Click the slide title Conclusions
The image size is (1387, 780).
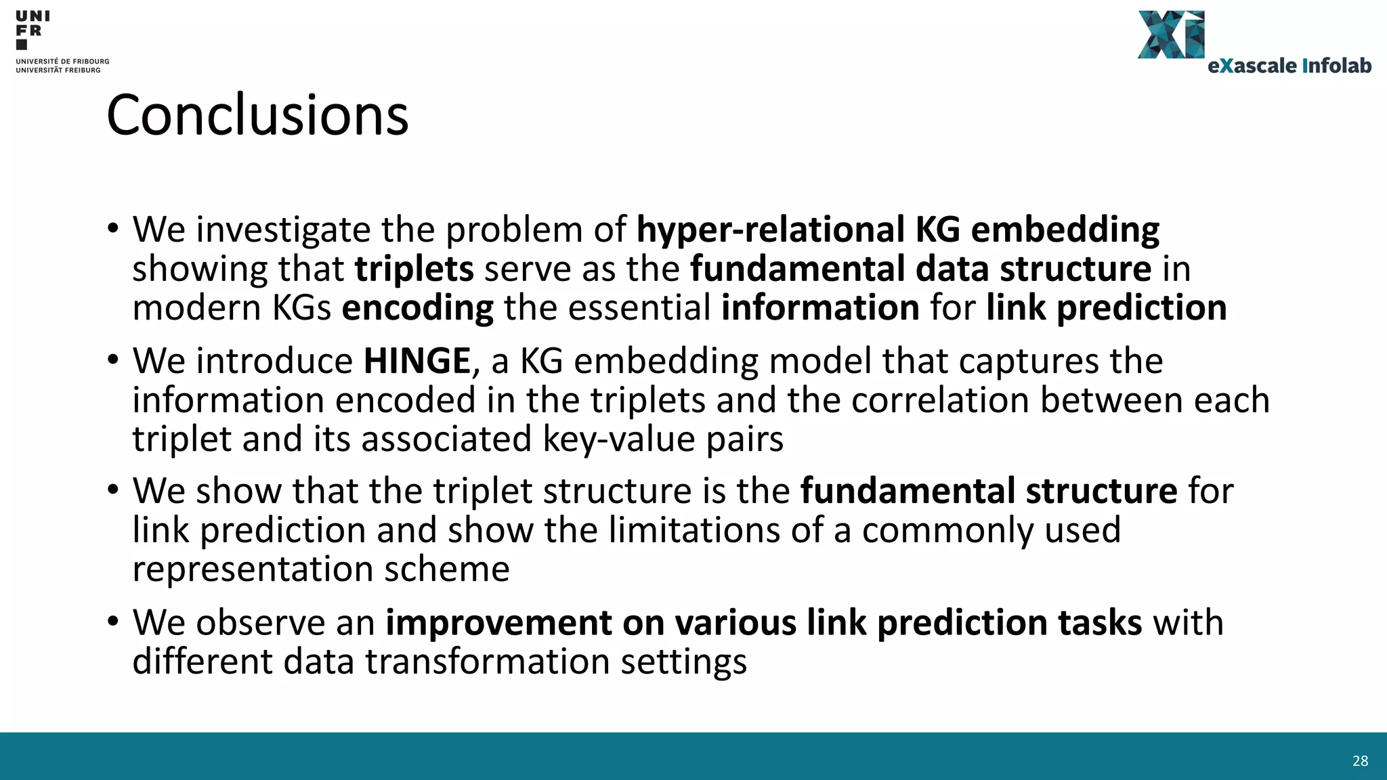tap(257, 115)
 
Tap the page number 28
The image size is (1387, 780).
tap(1360, 761)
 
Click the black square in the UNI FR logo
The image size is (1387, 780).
tap(22, 45)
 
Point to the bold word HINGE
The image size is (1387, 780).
tap(417, 361)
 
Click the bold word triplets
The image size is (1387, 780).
tap(414, 269)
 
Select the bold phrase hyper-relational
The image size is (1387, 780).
tap(770, 230)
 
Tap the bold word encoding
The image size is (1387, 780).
tap(417, 308)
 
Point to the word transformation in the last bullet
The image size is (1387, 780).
tap(488, 662)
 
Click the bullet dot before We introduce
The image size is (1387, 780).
tap(112, 360)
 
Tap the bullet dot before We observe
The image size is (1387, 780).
tap(112, 621)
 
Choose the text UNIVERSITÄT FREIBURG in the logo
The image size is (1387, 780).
tap(58, 70)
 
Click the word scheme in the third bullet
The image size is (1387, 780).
tap(446, 569)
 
